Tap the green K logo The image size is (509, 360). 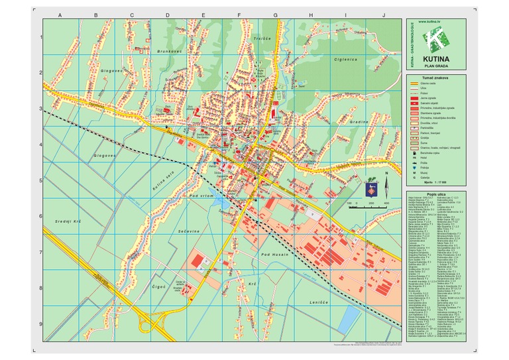[435, 40]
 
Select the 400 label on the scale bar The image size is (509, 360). [386, 204]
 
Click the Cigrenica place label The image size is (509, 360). [345, 60]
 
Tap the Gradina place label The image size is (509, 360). [359, 122]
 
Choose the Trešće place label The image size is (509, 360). [263, 39]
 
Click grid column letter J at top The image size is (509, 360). [383, 15]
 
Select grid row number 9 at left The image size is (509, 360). [40, 324]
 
